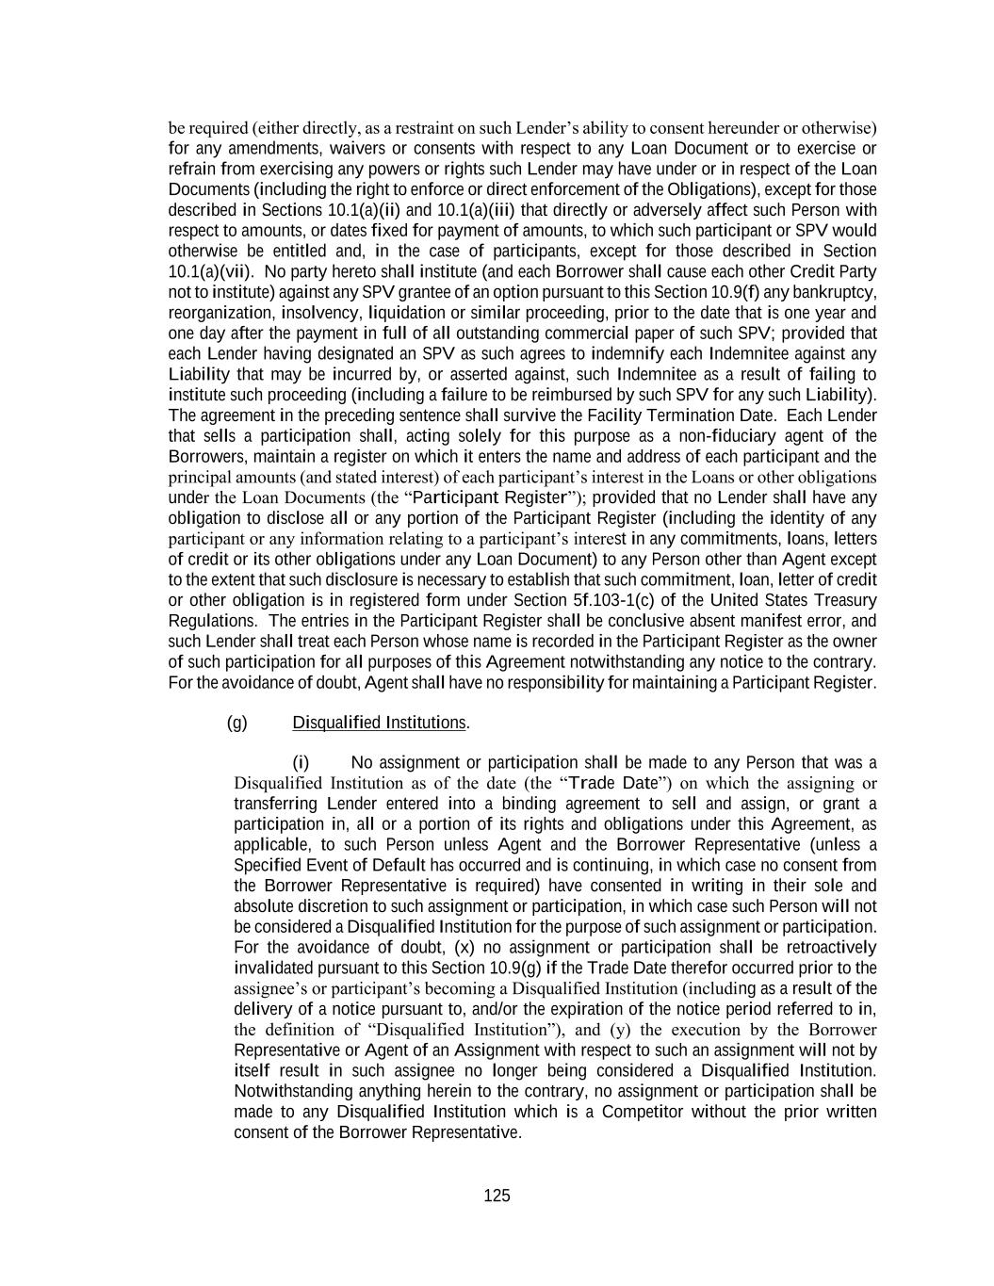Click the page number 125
pyautogui.click(x=497, y=1196)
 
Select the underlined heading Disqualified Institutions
pyautogui.click(x=379, y=723)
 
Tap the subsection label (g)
pyautogui.click(x=236, y=723)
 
